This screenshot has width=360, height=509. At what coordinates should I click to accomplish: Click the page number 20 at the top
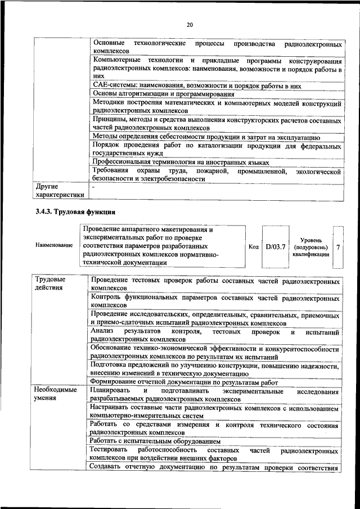pos(190,24)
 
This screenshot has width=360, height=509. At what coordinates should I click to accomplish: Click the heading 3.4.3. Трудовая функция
pos(75,211)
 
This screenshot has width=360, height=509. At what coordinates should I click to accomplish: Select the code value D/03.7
pos(276,246)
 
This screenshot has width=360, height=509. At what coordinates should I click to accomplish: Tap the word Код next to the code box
pos(253,246)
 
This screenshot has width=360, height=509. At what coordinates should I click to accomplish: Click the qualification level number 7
pos(337,246)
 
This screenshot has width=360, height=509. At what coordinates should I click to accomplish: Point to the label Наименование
pos(54,245)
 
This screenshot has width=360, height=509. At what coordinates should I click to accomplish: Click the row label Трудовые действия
pos(50,283)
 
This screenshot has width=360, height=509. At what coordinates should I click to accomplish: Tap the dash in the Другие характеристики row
pos(94,186)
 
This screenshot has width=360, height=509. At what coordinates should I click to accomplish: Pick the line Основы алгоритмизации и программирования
pos(163,94)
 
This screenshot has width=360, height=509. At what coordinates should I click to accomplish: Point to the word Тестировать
pos(109,451)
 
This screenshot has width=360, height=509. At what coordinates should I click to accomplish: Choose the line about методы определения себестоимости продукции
pos(206,137)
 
